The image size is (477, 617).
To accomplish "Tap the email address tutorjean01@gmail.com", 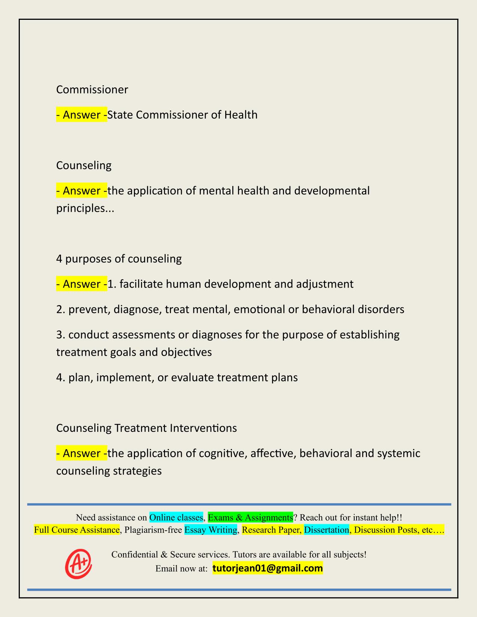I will click(x=267, y=568).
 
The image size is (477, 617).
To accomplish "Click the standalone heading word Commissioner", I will click(x=92, y=89).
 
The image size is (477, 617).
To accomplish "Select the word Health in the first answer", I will click(x=241, y=114).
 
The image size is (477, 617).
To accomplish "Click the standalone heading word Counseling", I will click(x=84, y=165).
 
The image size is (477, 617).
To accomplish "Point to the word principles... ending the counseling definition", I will click(x=85, y=208).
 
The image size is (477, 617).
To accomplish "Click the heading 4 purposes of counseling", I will click(x=119, y=259).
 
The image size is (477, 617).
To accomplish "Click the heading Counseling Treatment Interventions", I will click(x=146, y=428).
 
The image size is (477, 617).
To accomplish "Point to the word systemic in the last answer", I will click(x=399, y=453).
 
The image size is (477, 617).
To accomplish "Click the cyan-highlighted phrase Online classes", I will click(x=176, y=518).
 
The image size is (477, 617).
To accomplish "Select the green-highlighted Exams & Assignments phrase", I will click(x=250, y=518).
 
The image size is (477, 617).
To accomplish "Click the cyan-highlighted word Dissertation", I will click(x=326, y=530).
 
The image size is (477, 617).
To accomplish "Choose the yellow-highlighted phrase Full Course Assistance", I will click(x=77, y=530).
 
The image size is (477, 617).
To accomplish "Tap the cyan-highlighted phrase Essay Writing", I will click(x=211, y=530).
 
